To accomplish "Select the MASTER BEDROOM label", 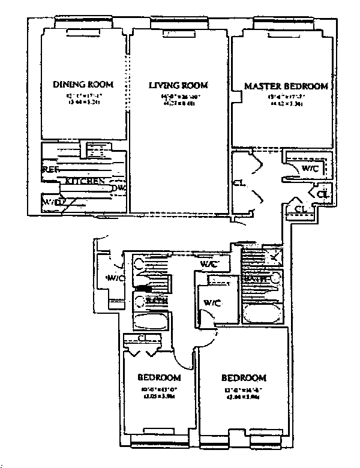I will tap(286, 86).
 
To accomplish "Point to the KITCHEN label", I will tap(85, 181).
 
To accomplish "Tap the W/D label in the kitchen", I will tap(52, 203).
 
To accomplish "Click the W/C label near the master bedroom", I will tap(310, 169).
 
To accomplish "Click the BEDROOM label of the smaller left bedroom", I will tap(159, 377).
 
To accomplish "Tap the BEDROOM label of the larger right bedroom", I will tap(243, 378).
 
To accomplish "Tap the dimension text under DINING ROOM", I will tap(83, 97).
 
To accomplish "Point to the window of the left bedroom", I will tap(158, 443).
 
